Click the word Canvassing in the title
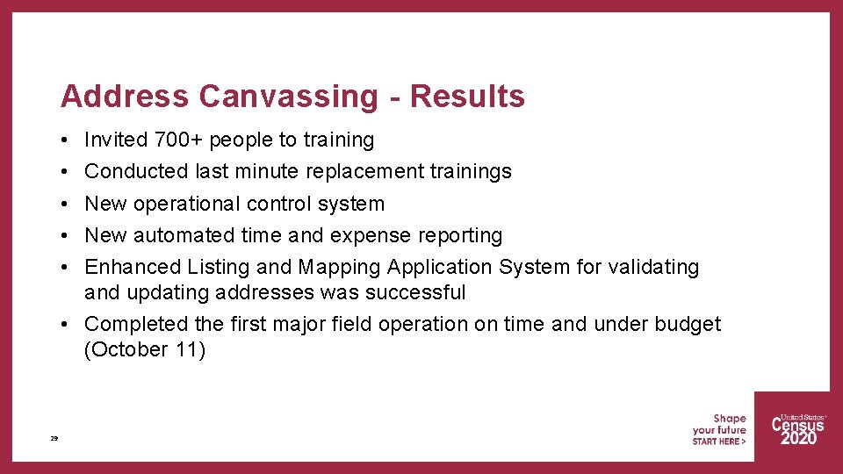click(288, 96)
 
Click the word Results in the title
click(467, 96)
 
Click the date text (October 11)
click(145, 349)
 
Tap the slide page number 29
click(54, 437)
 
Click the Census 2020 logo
click(797, 429)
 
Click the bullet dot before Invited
click(66, 140)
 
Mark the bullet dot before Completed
click(66, 325)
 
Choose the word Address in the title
click(125, 96)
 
